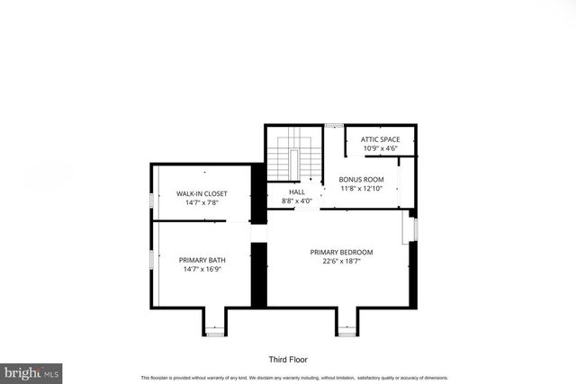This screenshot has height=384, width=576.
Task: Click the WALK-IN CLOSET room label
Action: coord(202,193)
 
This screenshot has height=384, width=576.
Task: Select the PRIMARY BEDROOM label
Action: coord(341,252)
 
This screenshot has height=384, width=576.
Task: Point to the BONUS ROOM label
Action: coord(361,180)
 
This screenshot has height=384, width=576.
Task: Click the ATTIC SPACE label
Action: coord(380,139)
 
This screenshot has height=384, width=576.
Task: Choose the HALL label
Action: coord(297,192)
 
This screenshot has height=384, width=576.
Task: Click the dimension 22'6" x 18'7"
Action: coord(341,262)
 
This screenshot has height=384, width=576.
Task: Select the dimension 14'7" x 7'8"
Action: coord(202,203)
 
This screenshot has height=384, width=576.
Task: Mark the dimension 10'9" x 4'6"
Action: coord(380,149)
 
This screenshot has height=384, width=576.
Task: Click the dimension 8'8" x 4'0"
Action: coord(297,201)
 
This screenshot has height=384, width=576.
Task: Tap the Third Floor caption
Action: coord(289,358)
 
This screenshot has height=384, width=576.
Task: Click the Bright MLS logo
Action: coord(31,371)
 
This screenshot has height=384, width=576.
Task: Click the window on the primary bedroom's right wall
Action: coord(414,229)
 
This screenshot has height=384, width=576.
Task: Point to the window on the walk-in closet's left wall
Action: coord(150,201)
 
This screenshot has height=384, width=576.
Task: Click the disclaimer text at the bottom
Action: coord(293,378)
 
